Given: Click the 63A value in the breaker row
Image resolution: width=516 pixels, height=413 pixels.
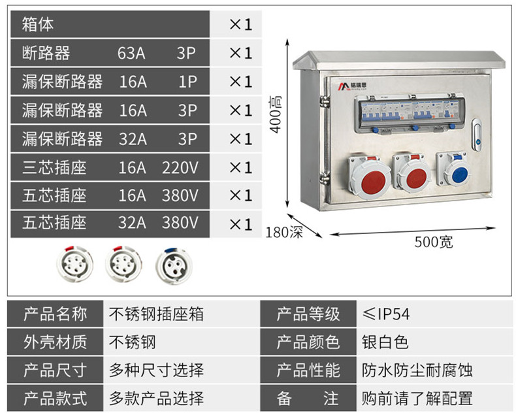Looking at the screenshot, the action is click(x=131, y=53).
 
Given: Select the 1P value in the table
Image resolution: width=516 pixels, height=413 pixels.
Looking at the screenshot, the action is click(x=187, y=82).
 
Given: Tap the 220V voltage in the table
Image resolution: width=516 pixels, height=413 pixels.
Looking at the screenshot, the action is click(x=180, y=167).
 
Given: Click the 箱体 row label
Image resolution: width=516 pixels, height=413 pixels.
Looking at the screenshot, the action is click(x=37, y=24).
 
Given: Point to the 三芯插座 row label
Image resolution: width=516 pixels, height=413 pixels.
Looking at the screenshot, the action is click(x=54, y=167).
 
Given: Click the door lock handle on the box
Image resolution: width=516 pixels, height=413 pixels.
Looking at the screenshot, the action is click(x=477, y=135).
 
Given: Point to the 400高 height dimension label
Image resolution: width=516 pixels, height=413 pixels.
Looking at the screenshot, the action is click(x=276, y=114).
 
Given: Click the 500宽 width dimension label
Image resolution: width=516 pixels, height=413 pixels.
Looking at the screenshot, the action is click(x=434, y=242).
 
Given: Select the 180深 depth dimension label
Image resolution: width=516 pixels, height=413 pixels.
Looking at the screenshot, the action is click(x=284, y=232).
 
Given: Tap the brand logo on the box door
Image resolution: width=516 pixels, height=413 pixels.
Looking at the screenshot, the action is click(x=352, y=86).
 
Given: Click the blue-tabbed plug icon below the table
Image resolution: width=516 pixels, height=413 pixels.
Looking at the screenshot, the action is click(x=174, y=265).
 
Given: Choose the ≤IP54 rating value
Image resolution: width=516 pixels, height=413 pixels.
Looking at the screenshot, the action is click(x=385, y=314).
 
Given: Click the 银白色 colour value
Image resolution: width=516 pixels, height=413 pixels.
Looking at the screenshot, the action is click(x=385, y=342).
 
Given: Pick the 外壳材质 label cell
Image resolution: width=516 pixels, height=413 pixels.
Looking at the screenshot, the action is click(x=55, y=342).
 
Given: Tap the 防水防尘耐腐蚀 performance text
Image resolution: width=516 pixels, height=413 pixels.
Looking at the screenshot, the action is click(x=417, y=370).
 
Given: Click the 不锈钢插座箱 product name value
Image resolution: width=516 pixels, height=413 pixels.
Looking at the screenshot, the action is click(x=156, y=314).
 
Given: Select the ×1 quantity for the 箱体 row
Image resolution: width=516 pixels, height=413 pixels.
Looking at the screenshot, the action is click(x=240, y=24).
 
